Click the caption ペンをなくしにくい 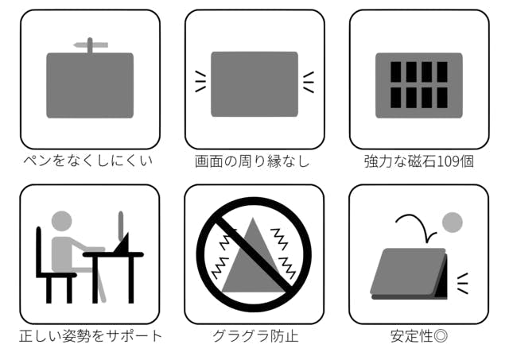88,161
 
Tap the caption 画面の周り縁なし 252,161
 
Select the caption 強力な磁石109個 419,161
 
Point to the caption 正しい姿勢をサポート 91,336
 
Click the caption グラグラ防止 255,336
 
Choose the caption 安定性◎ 419,336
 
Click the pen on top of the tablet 91,45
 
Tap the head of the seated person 62,221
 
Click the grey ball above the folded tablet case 453,223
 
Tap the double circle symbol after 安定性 441,336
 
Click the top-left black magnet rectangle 396,72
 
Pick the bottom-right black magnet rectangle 442,98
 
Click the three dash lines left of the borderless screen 200,82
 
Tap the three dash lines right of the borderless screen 309,82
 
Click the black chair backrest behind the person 39,251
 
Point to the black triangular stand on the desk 122,242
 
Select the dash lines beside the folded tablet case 463,284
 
